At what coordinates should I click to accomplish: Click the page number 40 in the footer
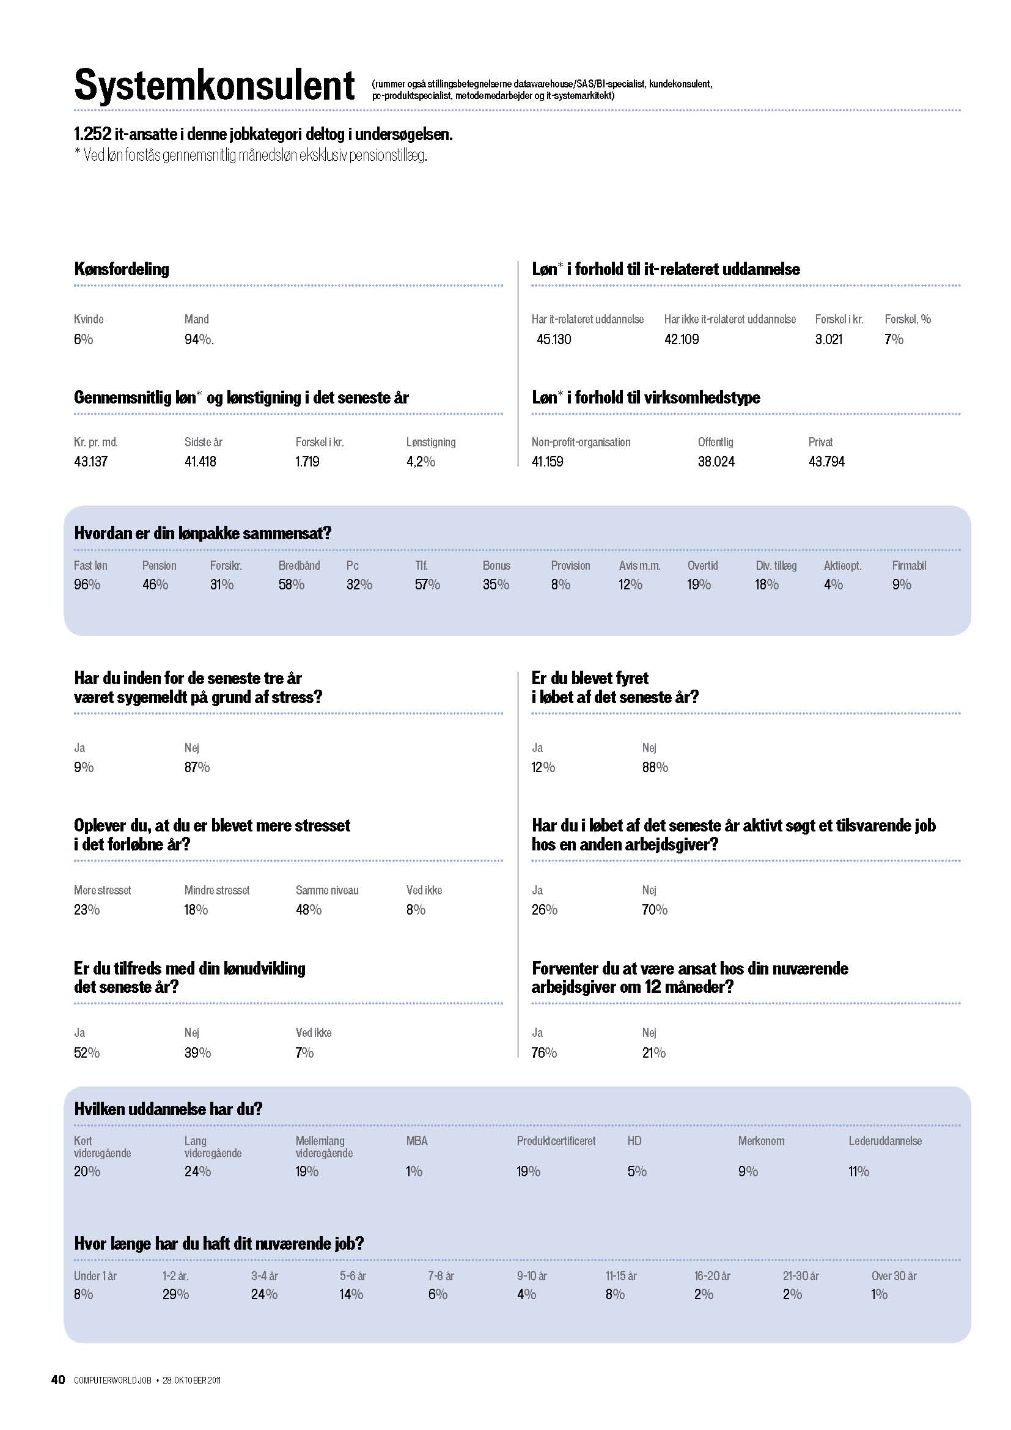pyautogui.click(x=58, y=1379)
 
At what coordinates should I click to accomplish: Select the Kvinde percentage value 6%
pyautogui.click(x=83, y=339)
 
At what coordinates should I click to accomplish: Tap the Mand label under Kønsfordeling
pyautogui.click(x=197, y=320)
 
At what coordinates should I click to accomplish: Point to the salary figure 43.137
pyautogui.click(x=91, y=462)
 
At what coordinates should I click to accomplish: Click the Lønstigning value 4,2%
pyautogui.click(x=421, y=462)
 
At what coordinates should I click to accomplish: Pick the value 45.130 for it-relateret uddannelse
pyautogui.click(x=553, y=339)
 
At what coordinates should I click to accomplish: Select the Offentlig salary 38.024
pyautogui.click(x=716, y=462)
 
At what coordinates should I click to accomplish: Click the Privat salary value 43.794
pyautogui.click(x=827, y=462)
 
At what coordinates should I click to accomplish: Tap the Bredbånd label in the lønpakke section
pyautogui.click(x=299, y=566)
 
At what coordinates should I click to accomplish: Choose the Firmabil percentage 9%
pyautogui.click(x=902, y=585)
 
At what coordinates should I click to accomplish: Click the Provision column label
pyautogui.click(x=570, y=566)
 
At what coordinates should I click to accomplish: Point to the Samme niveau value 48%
pyautogui.click(x=308, y=910)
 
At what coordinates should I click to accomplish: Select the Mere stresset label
pyautogui.click(x=103, y=891)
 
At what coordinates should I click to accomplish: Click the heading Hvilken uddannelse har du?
pyautogui.click(x=168, y=1109)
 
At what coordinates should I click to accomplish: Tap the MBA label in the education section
pyautogui.click(x=417, y=1141)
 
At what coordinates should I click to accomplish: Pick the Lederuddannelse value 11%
pyautogui.click(x=858, y=1171)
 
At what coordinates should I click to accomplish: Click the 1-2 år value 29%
pyautogui.click(x=175, y=1294)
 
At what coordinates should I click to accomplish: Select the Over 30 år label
pyautogui.click(x=894, y=1276)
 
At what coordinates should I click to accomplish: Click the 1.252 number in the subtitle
pyautogui.click(x=92, y=134)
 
